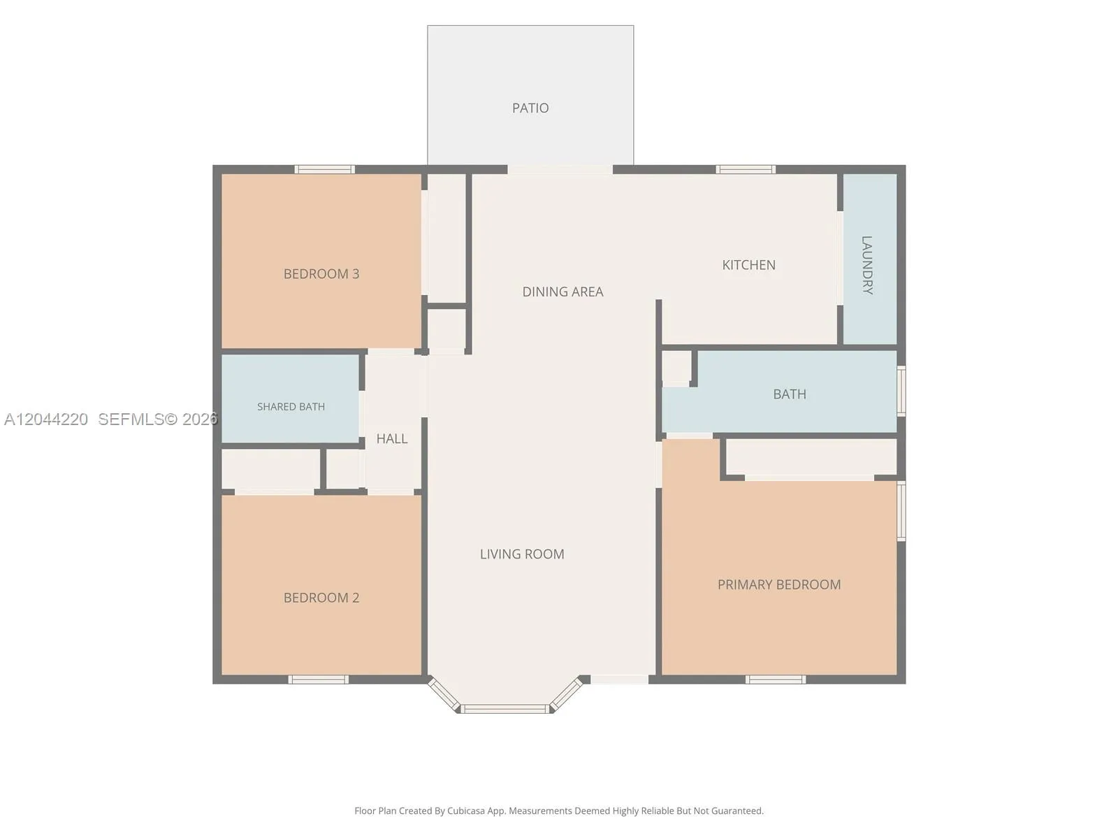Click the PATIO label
point(530,108)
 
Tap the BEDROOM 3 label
point(321,274)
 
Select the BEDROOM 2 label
point(321,598)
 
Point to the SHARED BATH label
point(291,406)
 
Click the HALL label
point(392,438)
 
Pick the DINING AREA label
point(562,292)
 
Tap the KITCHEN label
point(749,265)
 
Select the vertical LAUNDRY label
point(867,265)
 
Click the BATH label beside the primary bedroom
point(790,394)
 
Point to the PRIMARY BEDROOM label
point(779,585)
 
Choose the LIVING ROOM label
point(522,554)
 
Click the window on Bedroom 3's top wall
point(324,169)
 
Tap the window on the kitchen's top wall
point(746,169)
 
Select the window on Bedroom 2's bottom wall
point(319,679)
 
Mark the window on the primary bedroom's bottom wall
point(776,679)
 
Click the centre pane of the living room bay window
point(505,708)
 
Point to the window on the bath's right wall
point(901,391)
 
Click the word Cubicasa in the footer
point(466,811)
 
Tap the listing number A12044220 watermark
point(46,419)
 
